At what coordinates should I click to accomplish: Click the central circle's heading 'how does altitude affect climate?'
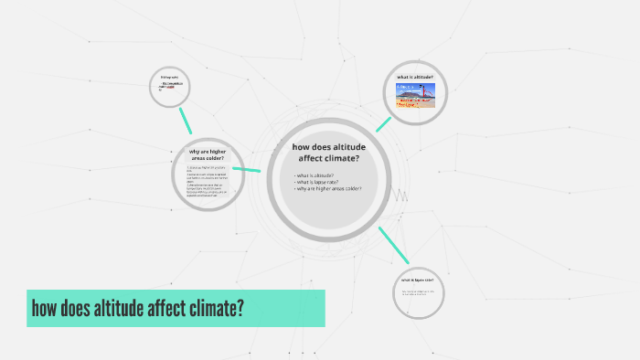click(325, 153)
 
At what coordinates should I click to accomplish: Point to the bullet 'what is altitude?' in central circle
click(315, 175)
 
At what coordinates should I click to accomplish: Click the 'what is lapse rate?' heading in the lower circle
click(417, 280)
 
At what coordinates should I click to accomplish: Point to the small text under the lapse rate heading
click(416, 292)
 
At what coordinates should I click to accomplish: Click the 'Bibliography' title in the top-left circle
click(169, 77)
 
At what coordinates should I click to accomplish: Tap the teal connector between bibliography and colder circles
click(187, 121)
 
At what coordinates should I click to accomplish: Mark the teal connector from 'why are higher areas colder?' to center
click(247, 169)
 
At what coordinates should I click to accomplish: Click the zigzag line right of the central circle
click(400, 196)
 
